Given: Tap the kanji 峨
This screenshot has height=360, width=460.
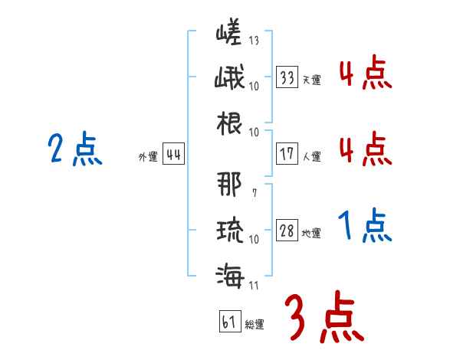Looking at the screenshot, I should (x=228, y=77).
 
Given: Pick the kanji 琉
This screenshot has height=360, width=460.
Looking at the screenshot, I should (x=228, y=229).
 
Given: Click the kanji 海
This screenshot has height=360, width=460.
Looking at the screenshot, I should (x=228, y=275).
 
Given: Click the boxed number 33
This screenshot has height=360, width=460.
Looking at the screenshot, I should (x=287, y=77).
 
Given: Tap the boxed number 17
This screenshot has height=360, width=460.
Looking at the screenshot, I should (x=287, y=153).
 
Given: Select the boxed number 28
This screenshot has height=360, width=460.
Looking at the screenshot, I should (x=287, y=231).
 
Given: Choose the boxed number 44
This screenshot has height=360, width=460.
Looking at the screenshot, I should (x=173, y=155).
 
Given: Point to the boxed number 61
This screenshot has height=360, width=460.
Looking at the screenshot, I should (x=228, y=322).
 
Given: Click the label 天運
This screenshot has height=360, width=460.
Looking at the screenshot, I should (x=312, y=80).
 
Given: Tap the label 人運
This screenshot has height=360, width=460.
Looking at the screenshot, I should (x=312, y=156).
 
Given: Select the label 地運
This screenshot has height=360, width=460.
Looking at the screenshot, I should (x=312, y=234).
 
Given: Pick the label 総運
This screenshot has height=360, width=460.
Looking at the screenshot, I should (x=255, y=325).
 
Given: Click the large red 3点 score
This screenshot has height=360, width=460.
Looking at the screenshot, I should (x=323, y=319).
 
